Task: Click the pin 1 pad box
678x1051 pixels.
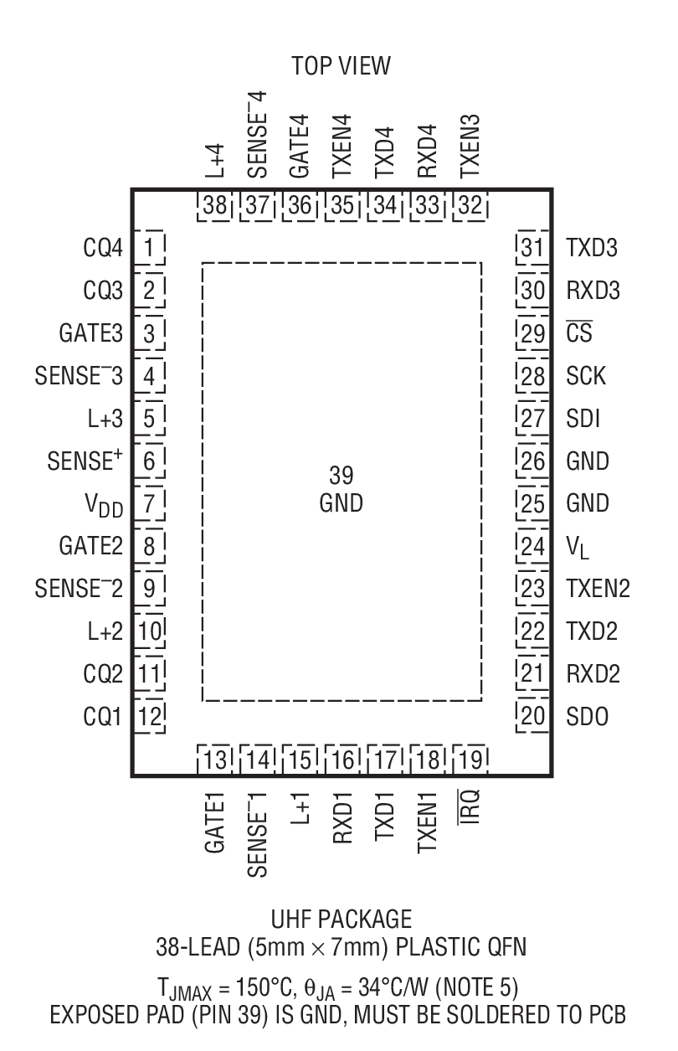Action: [150, 248]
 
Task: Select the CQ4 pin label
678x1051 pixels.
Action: [103, 249]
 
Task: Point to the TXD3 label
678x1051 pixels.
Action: [592, 249]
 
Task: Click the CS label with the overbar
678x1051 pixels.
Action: [578, 334]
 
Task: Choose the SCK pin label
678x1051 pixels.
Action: [586, 376]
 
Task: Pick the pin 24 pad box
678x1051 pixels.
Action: [532, 547]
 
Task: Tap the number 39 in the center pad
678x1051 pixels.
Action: [341, 476]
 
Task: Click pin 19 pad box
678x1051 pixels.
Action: [469, 760]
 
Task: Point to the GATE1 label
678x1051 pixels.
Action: [216, 827]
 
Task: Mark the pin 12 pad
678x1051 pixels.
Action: [150, 717]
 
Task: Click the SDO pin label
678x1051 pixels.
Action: [588, 717]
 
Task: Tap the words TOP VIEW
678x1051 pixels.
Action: [341, 67]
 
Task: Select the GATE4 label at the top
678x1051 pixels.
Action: [299, 147]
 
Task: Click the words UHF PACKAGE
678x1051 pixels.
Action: [341, 920]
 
